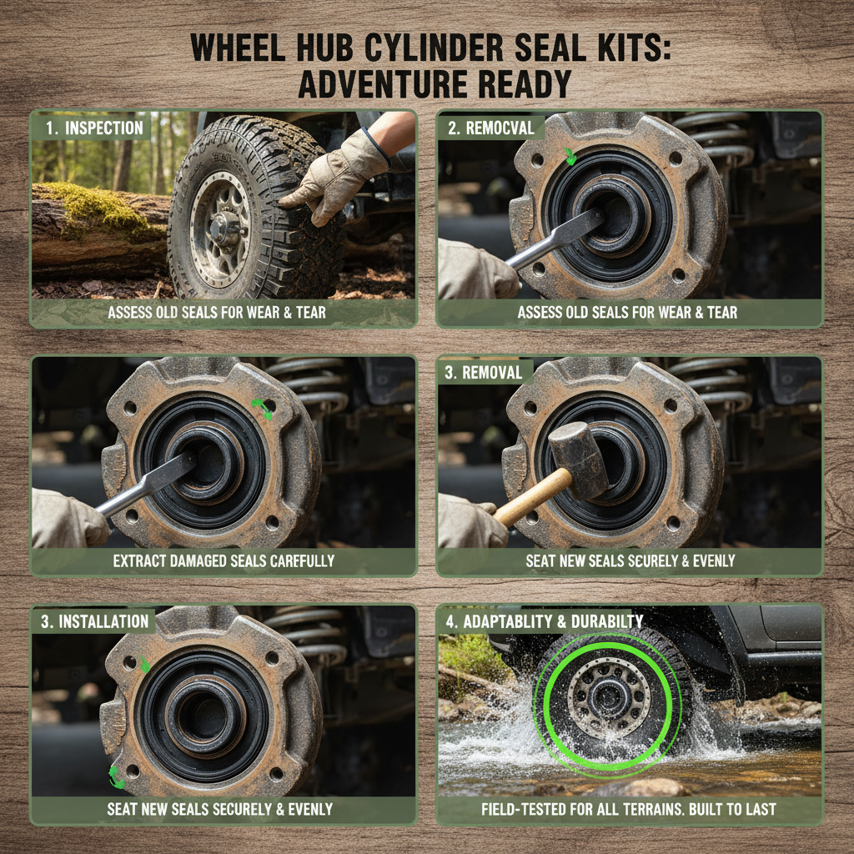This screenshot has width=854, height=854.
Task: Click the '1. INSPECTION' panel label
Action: tap(93, 128)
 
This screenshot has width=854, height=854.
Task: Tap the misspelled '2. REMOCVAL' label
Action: tap(491, 128)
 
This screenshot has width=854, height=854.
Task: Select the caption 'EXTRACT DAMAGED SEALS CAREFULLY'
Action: tap(224, 561)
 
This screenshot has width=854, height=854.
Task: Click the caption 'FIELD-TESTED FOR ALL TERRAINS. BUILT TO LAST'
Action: tap(629, 809)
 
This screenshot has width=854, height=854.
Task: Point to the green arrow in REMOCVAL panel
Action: tap(570, 157)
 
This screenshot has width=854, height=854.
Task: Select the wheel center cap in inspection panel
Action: tap(223, 224)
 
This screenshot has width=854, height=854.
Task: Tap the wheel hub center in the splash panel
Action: tap(607, 698)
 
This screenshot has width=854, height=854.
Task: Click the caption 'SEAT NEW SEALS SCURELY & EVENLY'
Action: tap(630, 561)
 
